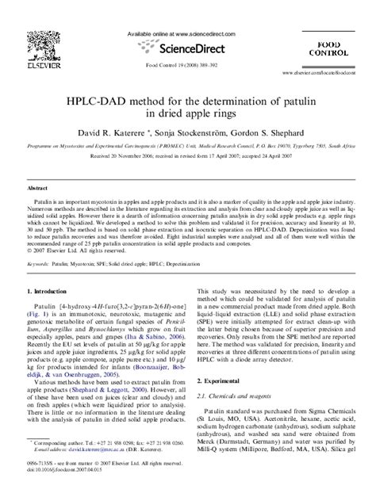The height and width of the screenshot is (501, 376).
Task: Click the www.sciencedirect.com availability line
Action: tap(188, 35)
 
